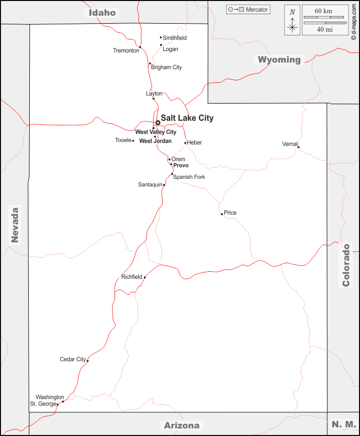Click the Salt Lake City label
click(x=187, y=118)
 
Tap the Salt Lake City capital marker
click(x=158, y=122)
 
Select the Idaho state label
click(x=102, y=13)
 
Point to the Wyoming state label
click(x=279, y=60)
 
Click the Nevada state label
click(x=15, y=225)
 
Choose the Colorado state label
click(x=346, y=265)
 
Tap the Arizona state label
click(x=182, y=425)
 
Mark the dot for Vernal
click(x=298, y=147)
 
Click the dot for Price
click(x=222, y=214)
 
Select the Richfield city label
click(x=132, y=277)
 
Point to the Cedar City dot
click(x=88, y=360)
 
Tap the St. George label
click(x=42, y=404)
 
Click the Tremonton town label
click(x=126, y=51)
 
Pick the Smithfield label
click(x=175, y=38)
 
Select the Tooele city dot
click(x=133, y=140)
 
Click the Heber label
click(x=194, y=142)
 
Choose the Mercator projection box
click(x=248, y=10)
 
